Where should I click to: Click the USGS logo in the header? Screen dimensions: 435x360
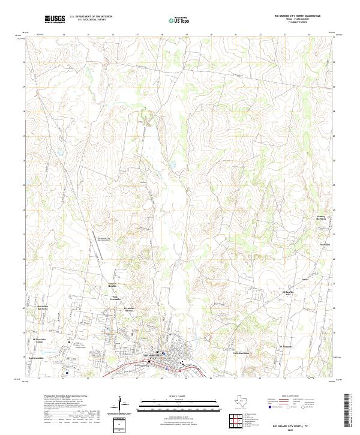[x=55, y=20]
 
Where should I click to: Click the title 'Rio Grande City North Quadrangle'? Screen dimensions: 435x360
[x=297, y=16]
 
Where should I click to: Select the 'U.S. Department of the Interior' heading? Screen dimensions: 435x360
[x=91, y=16]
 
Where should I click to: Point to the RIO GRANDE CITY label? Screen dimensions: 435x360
[x=153, y=356]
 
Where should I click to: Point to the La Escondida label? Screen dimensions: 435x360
[x=36, y=357]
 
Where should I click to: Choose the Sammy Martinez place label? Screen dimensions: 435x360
[x=322, y=217]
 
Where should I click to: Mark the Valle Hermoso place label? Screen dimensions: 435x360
[x=240, y=353]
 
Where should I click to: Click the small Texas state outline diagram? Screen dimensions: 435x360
[x=244, y=401]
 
